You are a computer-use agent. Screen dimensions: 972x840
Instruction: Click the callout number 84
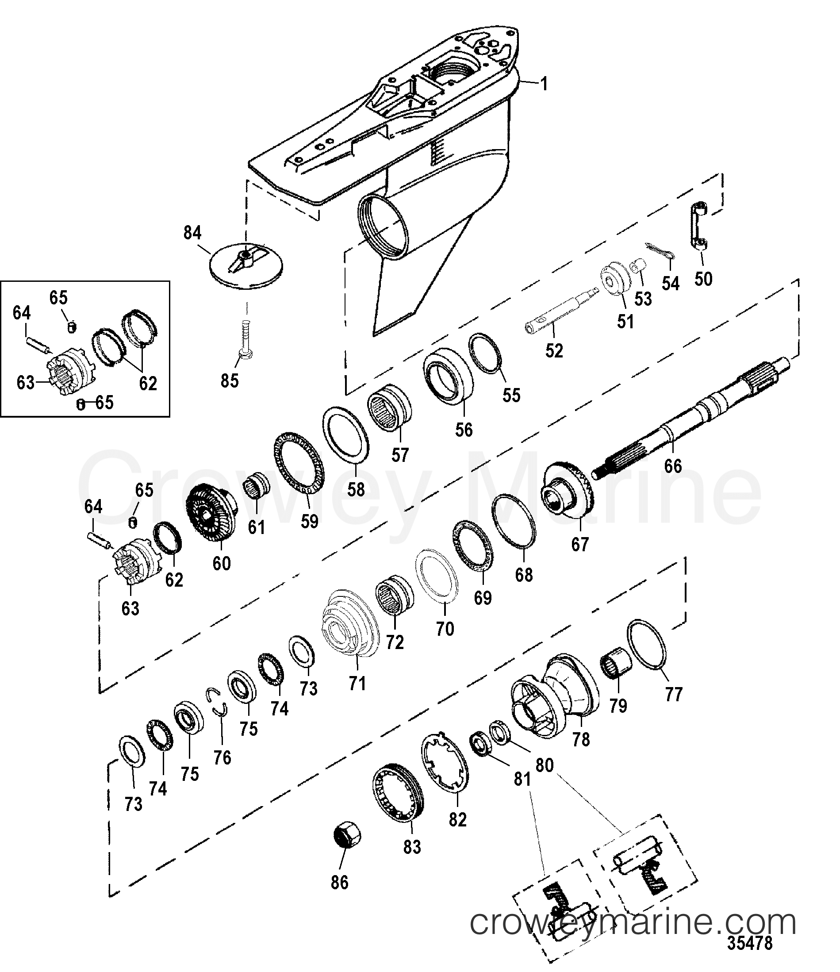pos(192,233)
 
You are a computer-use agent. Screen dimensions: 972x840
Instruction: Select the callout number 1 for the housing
pos(544,85)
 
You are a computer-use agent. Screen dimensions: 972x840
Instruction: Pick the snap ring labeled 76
pos(218,702)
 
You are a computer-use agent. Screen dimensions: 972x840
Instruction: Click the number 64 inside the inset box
pos(22,313)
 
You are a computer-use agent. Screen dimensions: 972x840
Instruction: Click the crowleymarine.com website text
pos(633,923)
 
